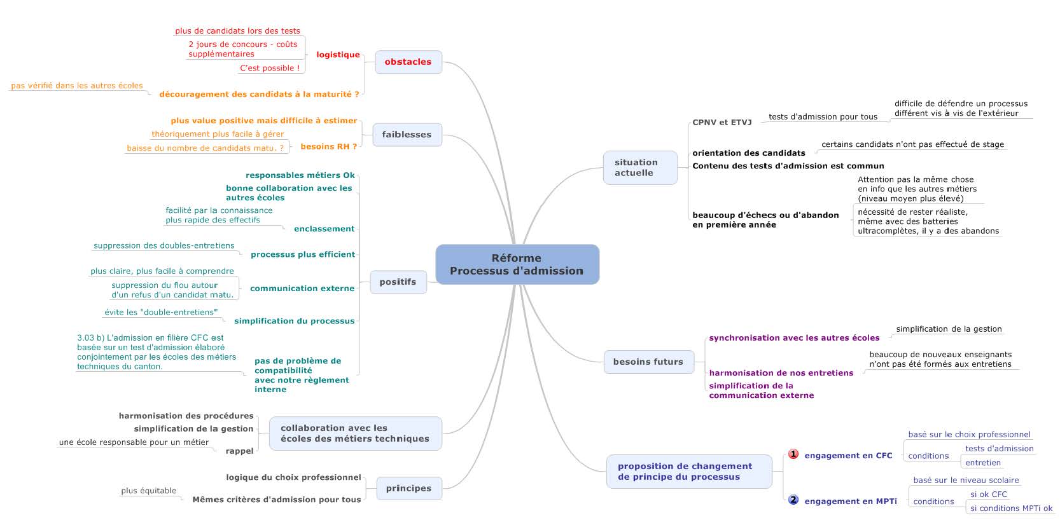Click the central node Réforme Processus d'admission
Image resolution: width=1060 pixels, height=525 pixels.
(517, 264)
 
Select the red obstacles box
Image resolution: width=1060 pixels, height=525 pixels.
(408, 62)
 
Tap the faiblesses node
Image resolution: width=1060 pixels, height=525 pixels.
(407, 135)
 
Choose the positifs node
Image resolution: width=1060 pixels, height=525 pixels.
(398, 282)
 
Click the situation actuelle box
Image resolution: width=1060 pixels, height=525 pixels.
(640, 168)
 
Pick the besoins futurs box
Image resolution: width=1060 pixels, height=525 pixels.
(648, 362)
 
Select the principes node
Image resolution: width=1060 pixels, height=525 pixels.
(409, 489)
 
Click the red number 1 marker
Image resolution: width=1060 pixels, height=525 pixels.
(793, 454)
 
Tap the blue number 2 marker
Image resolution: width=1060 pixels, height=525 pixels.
(793, 500)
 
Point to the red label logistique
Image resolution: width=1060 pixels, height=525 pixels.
(338, 55)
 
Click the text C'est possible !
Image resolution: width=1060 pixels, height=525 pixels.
(270, 68)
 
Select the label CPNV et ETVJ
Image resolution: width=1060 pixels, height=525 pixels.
(722, 123)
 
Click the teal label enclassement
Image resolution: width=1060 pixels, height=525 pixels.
(324, 229)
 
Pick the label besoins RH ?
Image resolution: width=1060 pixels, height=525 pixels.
(329, 146)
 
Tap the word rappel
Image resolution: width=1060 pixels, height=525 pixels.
(239, 451)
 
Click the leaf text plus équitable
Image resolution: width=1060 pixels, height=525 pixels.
(149, 491)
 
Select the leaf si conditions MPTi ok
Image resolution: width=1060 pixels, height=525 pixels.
(1011, 508)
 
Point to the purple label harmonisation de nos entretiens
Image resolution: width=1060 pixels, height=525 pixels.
(781, 373)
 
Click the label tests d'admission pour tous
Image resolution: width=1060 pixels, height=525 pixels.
(823, 117)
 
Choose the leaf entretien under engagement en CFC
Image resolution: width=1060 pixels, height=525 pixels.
(983, 463)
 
